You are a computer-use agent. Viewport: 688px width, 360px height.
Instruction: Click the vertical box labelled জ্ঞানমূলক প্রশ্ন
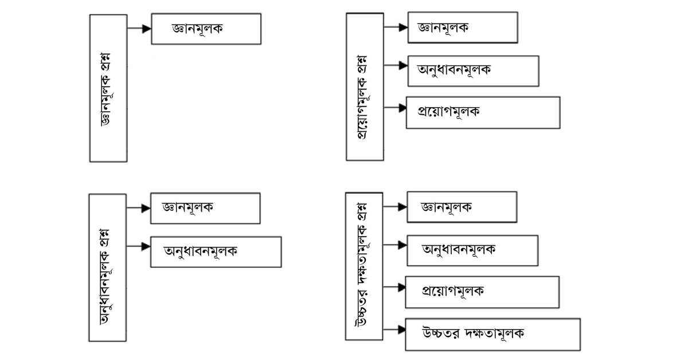point(108,88)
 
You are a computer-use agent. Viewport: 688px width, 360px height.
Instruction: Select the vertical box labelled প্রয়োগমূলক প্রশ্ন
point(365,87)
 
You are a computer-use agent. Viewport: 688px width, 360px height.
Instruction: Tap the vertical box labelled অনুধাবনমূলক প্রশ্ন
point(108,267)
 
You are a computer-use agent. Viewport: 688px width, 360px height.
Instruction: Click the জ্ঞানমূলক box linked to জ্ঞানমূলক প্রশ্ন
point(206,29)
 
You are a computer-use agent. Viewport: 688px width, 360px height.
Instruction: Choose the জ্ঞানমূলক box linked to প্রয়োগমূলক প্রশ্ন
point(463,27)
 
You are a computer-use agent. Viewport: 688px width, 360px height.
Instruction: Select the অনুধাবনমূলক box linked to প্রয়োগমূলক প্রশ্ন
point(473,71)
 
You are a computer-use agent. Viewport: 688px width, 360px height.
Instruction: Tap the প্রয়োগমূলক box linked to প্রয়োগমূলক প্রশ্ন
point(482,112)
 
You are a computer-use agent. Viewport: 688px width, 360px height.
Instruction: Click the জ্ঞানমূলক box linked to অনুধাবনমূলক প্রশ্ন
point(205,208)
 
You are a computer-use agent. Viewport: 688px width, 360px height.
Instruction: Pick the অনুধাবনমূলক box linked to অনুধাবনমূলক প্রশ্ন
point(216,251)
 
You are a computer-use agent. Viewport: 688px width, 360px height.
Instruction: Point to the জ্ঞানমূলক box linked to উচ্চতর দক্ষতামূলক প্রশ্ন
point(462,206)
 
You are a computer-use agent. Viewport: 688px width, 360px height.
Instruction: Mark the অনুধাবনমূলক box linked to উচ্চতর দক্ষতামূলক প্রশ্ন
point(472,250)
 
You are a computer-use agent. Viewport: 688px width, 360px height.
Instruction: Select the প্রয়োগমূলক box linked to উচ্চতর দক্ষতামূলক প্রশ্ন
point(482,292)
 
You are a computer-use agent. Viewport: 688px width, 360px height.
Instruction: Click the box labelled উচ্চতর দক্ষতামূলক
point(492,334)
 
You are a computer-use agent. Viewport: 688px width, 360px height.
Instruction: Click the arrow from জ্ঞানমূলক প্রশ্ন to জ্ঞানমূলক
point(139,29)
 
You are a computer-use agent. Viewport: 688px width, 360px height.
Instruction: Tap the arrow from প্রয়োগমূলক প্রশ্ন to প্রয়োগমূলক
point(394,107)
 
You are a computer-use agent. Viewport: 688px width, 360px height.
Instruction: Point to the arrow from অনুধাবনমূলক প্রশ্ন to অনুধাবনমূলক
point(138,246)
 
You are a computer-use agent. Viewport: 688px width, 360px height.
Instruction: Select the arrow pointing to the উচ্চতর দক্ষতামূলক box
point(394,329)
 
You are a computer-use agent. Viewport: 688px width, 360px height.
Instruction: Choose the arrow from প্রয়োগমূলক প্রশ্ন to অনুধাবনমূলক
point(396,65)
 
